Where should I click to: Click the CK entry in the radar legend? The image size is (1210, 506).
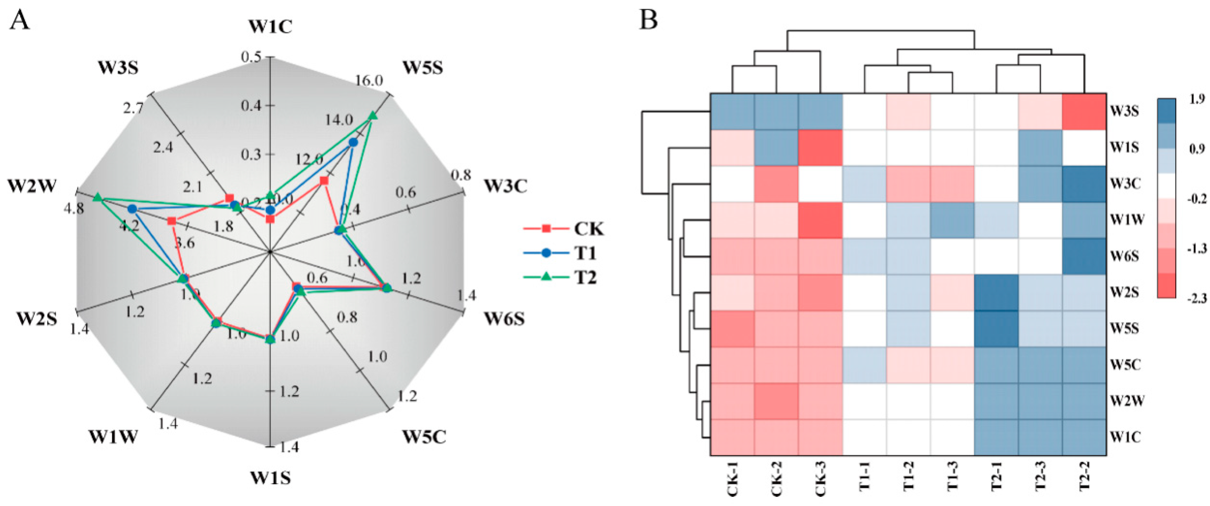point(588,229)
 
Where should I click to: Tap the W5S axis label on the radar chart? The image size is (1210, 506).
point(422,68)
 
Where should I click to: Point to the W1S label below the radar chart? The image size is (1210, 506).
point(270,478)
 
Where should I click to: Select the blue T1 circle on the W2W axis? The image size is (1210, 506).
point(132,208)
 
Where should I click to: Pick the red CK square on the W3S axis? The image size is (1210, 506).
point(229,198)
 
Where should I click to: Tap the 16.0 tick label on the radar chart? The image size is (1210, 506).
point(369,81)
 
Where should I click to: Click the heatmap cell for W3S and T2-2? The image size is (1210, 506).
point(1084,111)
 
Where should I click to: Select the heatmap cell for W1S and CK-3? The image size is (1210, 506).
point(821,148)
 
